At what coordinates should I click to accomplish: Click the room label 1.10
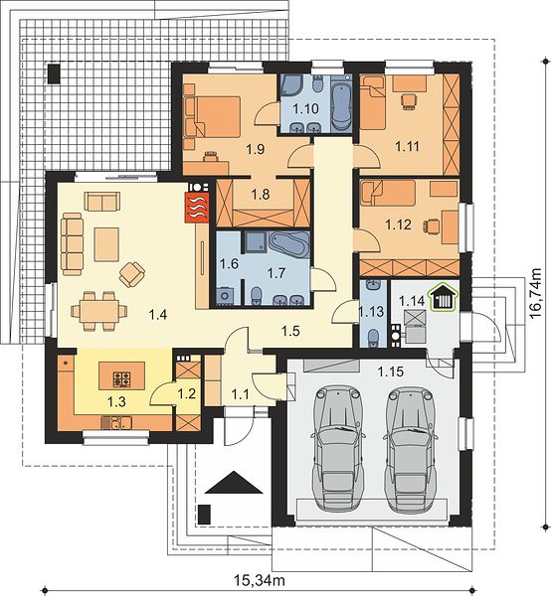pos(305,109)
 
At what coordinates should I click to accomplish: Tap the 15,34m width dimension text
pos(260,580)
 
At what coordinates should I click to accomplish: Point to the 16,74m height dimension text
pos(535,293)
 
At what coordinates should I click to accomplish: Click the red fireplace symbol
pos(197,208)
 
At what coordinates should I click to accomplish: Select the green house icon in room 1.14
pos(443,298)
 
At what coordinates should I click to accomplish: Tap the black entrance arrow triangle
pos(234,483)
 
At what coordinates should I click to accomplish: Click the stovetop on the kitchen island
pos(122,378)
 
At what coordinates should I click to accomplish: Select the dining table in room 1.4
pos(99,311)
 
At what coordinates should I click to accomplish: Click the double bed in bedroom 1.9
pos(217,116)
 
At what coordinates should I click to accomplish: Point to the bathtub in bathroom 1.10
pos(340,107)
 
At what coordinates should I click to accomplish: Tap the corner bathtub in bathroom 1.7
pos(289,244)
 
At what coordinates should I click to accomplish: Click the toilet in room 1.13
pos(374,338)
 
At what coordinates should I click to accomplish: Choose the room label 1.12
pos(399,224)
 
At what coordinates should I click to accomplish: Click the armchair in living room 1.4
pos(132,274)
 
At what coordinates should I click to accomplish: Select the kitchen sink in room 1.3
pos(116,423)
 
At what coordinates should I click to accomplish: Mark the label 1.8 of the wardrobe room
pos(261,195)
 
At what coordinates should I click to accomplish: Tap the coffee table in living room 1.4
pos(106,244)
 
